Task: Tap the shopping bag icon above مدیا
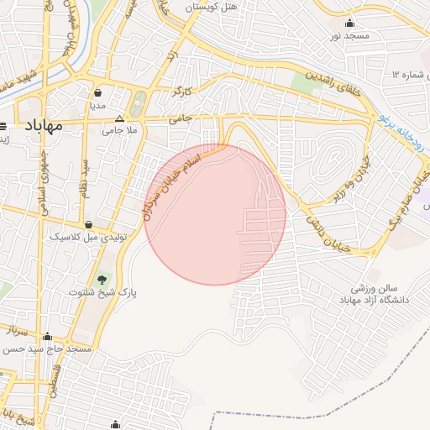[99, 94]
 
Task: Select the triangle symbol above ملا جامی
[118, 118]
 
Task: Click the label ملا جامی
[118, 130]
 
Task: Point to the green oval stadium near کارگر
[139, 102]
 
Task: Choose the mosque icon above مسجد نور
[350, 23]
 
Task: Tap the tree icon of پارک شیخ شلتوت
[102, 279]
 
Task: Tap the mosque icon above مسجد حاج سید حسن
[47, 336]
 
